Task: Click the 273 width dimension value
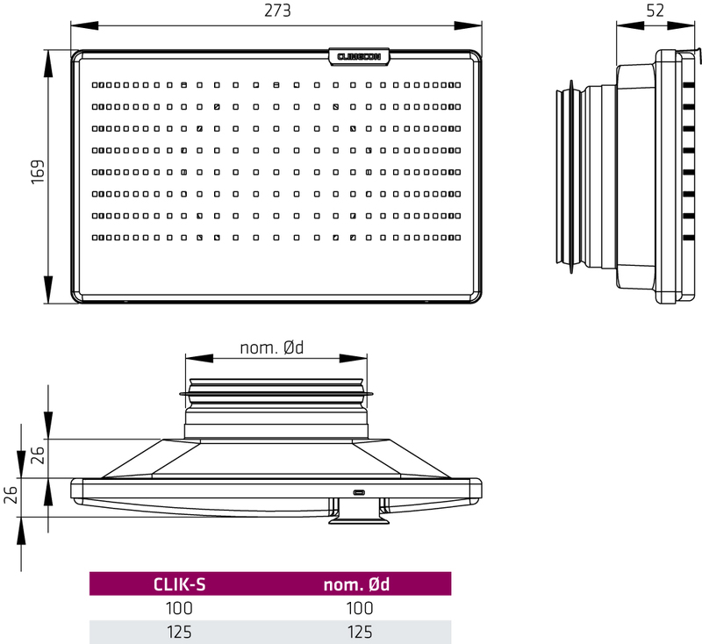pos(277,11)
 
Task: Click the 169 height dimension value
pos(38,171)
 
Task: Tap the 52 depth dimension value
pos(655,11)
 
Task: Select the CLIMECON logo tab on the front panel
pos(359,57)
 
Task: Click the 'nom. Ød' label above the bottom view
pos(272,347)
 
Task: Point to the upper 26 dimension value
pos(38,454)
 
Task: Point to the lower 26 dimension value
pos(11,495)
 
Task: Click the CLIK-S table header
pos(180,584)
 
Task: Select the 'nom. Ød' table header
pos(356,584)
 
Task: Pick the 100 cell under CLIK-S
pos(179,608)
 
